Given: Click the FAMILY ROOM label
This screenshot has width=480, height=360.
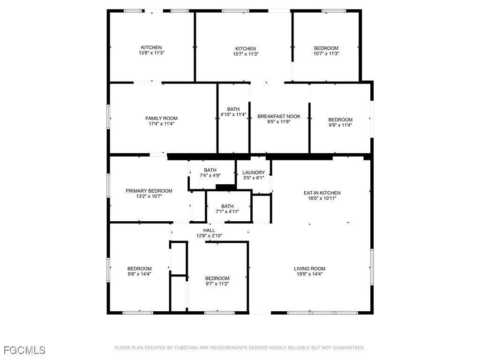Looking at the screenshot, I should (x=161, y=118).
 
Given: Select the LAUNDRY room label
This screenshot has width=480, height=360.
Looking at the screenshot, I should (x=254, y=172).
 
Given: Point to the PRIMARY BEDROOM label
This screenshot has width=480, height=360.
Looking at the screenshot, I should (x=149, y=191).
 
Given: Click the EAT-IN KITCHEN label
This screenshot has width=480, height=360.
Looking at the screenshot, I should (x=322, y=193).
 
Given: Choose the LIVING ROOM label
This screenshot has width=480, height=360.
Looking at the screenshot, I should (x=309, y=269).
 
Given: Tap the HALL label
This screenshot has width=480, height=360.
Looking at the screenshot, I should (x=209, y=230).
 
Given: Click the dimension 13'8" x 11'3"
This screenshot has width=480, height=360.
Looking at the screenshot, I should (x=151, y=53).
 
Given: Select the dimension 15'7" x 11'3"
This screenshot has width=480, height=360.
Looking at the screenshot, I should (x=246, y=54).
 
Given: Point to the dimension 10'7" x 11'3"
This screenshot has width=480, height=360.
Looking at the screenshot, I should (x=326, y=54).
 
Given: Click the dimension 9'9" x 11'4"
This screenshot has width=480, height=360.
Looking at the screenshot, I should (x=340, y=125).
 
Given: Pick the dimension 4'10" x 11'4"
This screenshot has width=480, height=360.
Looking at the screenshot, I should (x=233, y=114).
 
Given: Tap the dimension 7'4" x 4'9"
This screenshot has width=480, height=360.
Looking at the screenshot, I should (x=210, y=175).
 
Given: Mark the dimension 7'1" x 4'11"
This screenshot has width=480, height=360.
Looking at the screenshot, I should (x=227, y=211).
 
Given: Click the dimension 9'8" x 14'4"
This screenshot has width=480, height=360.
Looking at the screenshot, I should (x=139, y=274).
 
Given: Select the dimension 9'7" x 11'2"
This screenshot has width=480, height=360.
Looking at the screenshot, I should (x=217, y=284).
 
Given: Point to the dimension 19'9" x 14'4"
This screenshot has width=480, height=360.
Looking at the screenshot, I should (x=309, y=274).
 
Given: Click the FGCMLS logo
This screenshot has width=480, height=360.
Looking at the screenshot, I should (x=24, y=350).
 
